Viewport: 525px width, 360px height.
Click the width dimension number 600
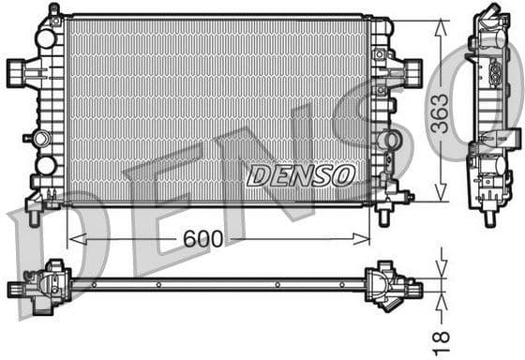tap(203, 239)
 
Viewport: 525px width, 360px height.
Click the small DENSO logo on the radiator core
tap(301, 174)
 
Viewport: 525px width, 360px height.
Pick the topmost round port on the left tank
tap(45, 39)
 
